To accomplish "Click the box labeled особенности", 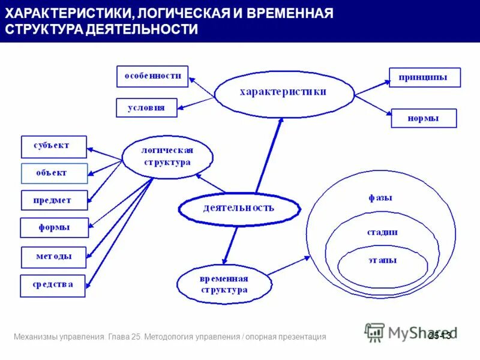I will pyautogui.click(x=152, y=76).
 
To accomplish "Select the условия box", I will pyautogui.click(x=146, y=107).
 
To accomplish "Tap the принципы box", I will pyautogui.click(x=425, y=77).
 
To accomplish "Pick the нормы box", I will pyautogui.click(x=424, y=118).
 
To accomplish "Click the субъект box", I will pyautogui.click(x=54, y=146).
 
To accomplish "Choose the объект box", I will pyautogui.click(x=54, y=173).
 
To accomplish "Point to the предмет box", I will pyautogui.click(x=54, y=200).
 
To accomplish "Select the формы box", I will pyautogui.click(x=54, y=227).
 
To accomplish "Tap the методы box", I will pyautogui.click(x=54, y=256).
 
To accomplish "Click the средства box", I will pyautogui.click(x=53, y=285).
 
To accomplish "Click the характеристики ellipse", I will pyautogui.click(x=283, y=92).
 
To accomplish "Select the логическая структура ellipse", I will pyautogui.click(x=167, y=156).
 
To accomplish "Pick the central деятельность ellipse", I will pyautogui.click(x=239, y=208).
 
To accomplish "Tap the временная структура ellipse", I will pyautogui.click(x=223, y=284).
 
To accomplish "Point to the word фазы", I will pyautogui.click(x=380, y=197).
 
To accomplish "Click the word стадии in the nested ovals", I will pyautogui.click(x=382, y=232).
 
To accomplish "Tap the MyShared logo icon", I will pyautogui.click(x=374, y=332).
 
